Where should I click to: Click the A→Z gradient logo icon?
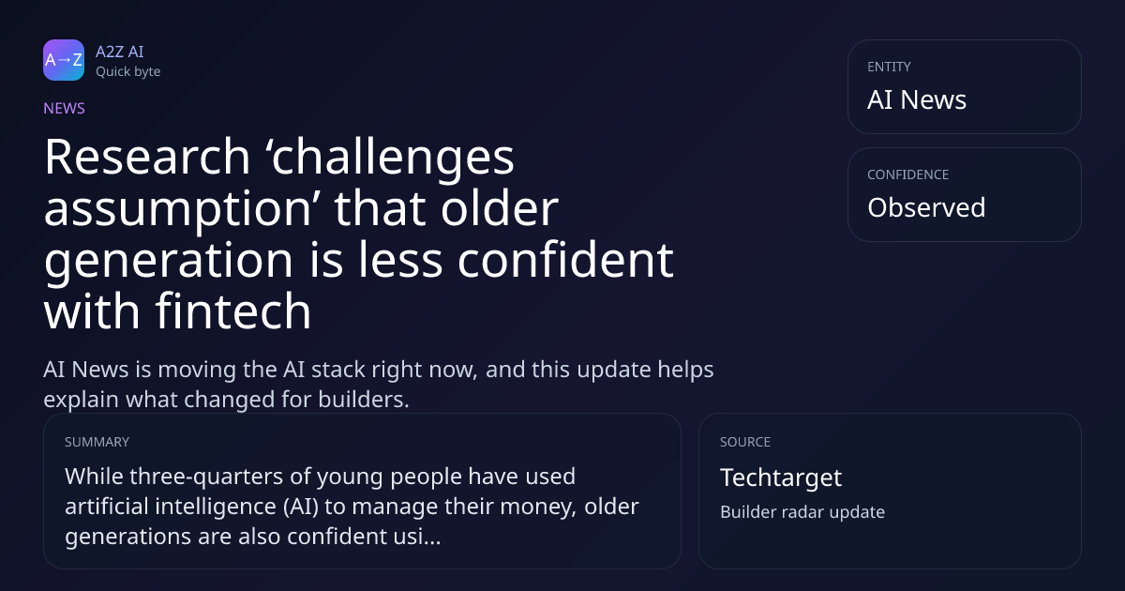point(64,60)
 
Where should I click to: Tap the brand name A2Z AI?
point(120,52)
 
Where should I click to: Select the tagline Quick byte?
point(128,72)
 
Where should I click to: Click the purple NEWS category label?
point(65,109)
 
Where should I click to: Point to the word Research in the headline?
point(147,157)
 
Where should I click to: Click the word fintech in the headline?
point(233,311)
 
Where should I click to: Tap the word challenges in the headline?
point(393,159)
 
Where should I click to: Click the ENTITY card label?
point(889,67)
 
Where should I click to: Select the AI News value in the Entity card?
point(917,99)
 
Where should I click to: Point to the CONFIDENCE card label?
point(908,174)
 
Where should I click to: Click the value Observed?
point(926,207)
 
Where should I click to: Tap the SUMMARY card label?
point(97,442)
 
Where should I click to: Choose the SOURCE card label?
point(745,442)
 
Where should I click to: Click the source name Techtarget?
point(781,477)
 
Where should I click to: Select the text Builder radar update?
point(802,512)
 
